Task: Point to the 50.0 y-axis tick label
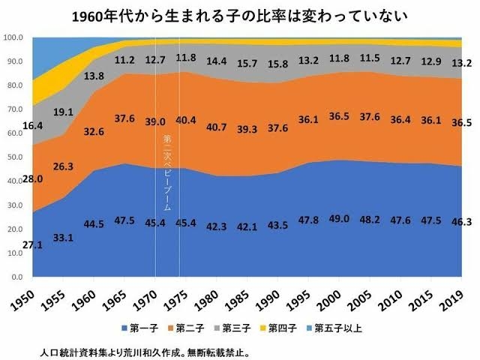[15, 157]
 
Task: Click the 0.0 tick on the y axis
[17, 277]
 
